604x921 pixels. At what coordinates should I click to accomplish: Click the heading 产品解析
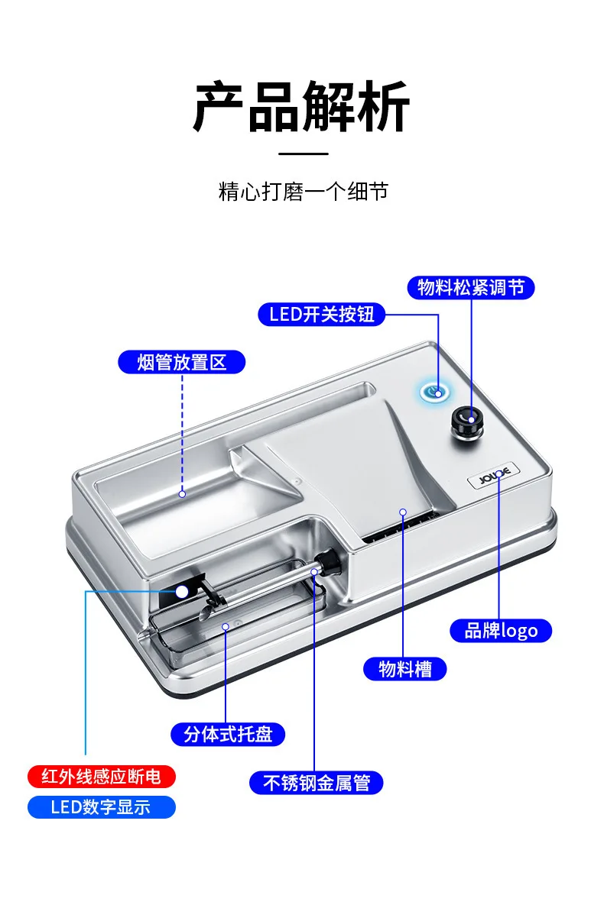tap(302, 106)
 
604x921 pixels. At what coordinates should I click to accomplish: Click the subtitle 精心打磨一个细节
tap(303, 192)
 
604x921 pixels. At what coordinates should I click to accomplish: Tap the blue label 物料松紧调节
tap(471, 287)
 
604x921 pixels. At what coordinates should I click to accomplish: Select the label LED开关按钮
tap(321, 315)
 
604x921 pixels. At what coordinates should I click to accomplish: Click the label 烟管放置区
tap(181, 362)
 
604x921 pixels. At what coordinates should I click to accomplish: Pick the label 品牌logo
tap(501, 631)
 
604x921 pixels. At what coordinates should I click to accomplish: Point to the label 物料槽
tap(404, 669)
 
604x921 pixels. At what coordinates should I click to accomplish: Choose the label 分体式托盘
tap(228, 735)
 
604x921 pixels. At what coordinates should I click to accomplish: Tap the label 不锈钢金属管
tap(317, 783)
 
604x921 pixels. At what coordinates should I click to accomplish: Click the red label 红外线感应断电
tap(101, 777)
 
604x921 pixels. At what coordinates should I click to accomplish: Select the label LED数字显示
tap(101, 807)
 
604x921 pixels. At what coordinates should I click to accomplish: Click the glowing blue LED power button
tap(435, 392)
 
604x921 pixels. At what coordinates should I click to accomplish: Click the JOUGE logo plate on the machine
tap(493, 476)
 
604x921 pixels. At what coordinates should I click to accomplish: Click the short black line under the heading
tap(303, 153)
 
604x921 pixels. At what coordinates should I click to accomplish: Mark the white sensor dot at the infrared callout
tap(182, 592)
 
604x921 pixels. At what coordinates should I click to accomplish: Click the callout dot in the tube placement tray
tap(182, 494)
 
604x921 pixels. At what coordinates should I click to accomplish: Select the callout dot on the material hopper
tap(403, 512)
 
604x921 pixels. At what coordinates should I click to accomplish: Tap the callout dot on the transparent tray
tap(226, 627)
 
